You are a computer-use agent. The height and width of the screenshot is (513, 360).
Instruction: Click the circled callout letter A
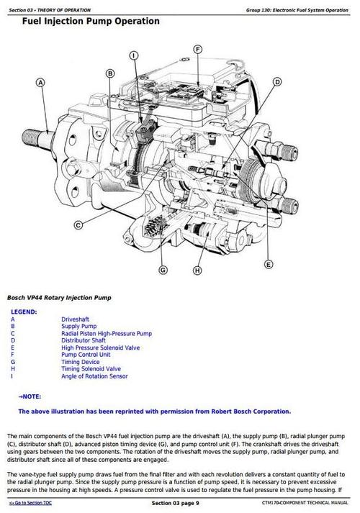[x=40, y=83]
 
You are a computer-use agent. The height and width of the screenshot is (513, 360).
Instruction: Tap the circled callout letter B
[x=110, y=73]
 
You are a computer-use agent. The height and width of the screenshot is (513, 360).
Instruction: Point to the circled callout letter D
[x=277, y=83]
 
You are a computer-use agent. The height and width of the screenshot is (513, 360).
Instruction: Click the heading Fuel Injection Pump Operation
[x=91, y=22]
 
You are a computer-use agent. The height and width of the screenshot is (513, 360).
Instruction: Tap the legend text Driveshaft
[x=75, y=319]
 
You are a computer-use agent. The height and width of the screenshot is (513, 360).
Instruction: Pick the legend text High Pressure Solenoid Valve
[x=100, y=348]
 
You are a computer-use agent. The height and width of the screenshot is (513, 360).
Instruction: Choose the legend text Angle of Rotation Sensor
[x=94, y=376]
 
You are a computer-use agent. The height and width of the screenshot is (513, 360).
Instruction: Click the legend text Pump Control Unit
[x=86, y=355]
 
